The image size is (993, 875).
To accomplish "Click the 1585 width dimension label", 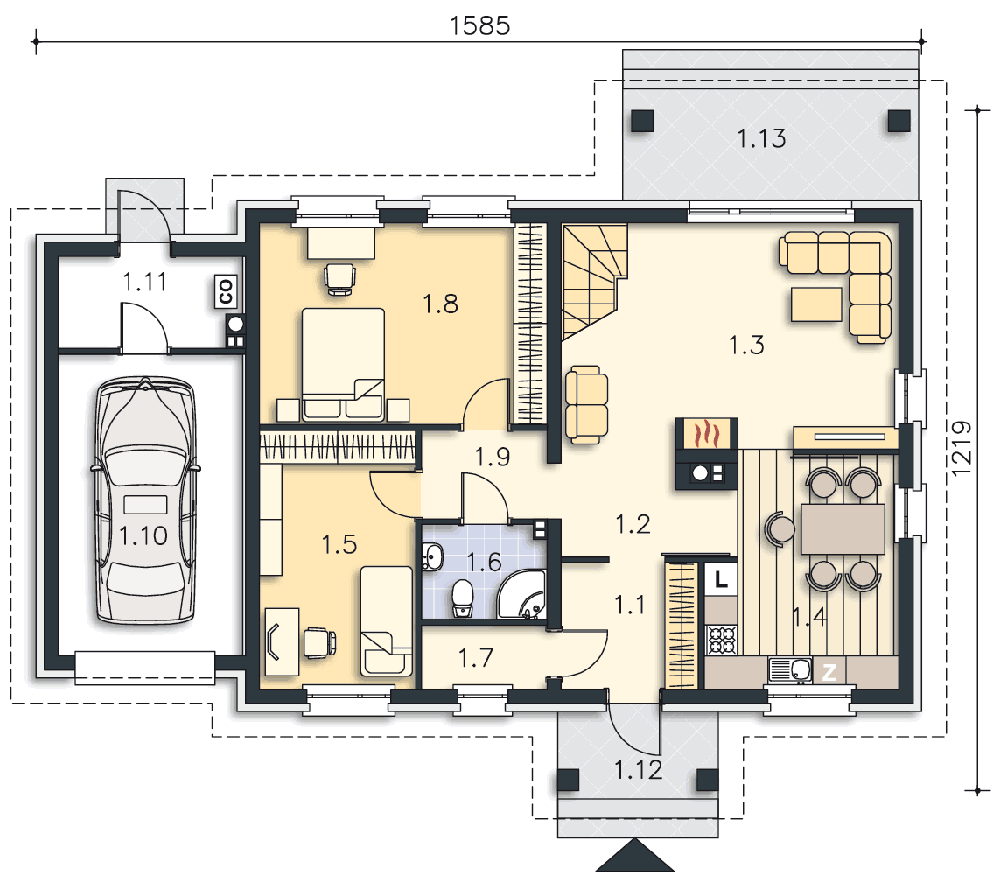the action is tap(479, 25).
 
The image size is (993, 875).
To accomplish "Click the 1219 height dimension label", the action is tap(962, 449).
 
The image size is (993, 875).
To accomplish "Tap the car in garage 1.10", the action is tap(145, 500).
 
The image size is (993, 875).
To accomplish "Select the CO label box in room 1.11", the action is tap(226, 291).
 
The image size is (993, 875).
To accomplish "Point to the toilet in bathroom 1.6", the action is tap(463, 598).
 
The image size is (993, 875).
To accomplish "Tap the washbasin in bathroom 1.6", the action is tap(433, 557).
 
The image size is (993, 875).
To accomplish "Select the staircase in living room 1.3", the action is tap(594, 282).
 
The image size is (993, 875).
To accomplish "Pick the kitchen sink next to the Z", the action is tap(790, 670).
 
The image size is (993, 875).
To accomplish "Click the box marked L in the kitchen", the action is tap(721, 579).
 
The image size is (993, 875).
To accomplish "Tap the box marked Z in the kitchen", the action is tap(829, 672).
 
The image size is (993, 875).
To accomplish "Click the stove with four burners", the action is tap(722, 639).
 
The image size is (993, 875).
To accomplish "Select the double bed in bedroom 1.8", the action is tap(343, 364).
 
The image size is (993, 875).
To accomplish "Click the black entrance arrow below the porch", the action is tap(634, 856).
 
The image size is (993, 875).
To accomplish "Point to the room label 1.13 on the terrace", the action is tap(761, 138).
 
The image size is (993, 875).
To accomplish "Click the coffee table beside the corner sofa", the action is tap(816, 304).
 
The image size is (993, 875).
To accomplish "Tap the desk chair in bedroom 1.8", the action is tap(339, 279).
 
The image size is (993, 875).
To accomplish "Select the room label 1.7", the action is tap(476, 658).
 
